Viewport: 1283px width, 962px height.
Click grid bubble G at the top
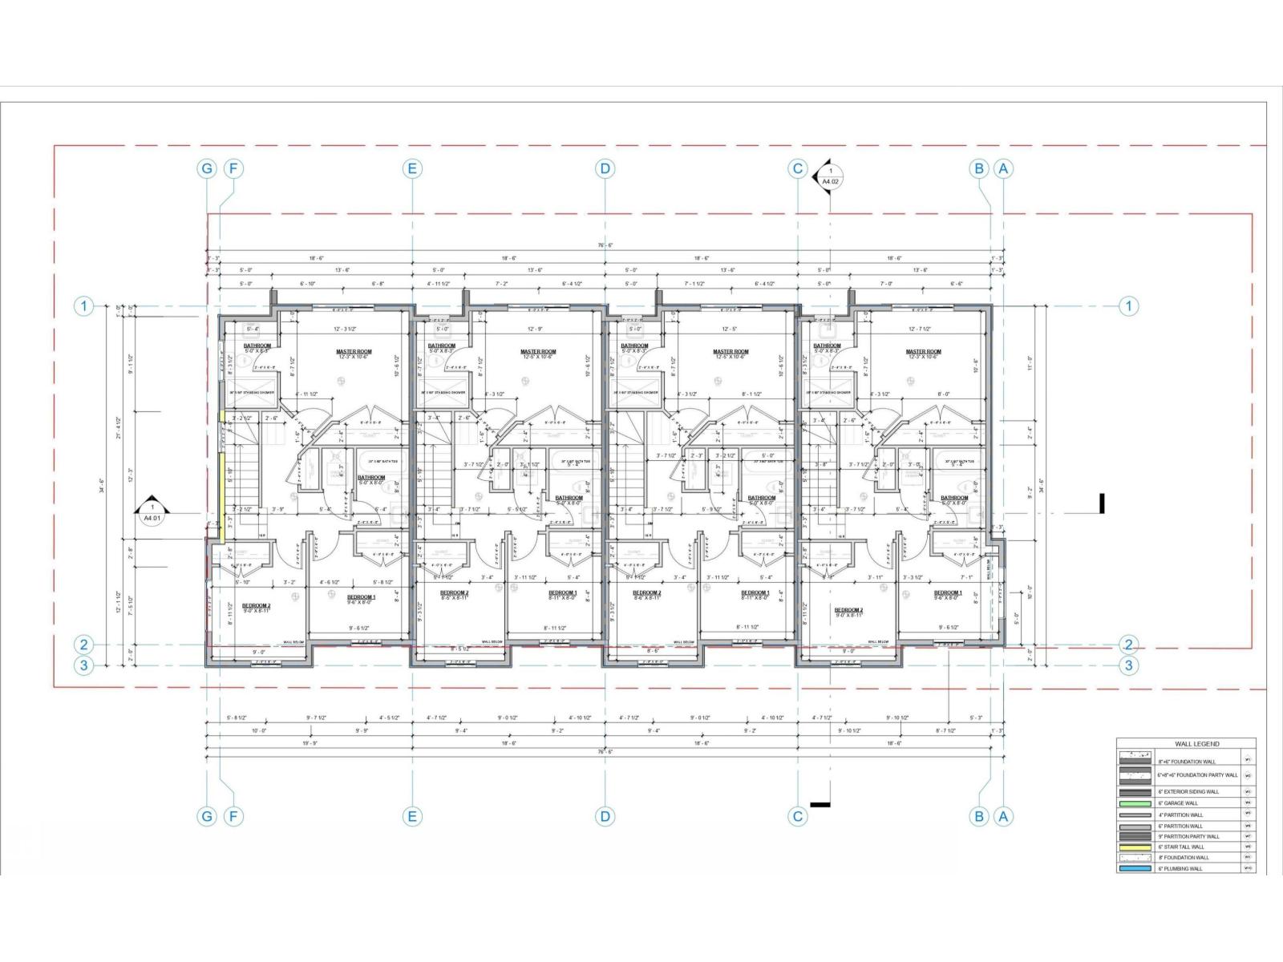pos(207,168)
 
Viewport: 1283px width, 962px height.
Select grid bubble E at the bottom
pos(411,816)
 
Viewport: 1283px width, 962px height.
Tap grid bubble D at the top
pos(605,168)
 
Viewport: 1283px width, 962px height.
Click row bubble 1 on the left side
pos(83,305)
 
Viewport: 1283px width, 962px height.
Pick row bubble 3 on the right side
pos(1128,665)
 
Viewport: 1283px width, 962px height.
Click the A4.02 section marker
pos(830,176)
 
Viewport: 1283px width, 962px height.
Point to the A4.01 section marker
pos(152,512)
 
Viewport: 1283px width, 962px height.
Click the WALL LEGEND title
pos(1185,744)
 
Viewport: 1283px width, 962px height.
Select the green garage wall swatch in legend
pos(1135,802)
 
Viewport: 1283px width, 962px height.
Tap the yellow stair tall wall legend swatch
pos(1135,847)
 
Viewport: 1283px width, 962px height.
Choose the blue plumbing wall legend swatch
pos(1135,868)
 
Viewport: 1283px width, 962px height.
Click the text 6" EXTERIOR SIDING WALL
pos(1188,791)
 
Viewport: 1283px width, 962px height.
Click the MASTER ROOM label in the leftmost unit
pos(354,352)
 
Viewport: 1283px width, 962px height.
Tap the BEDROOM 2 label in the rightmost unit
pos(848,610)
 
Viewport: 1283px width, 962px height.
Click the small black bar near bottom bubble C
pos(820,803)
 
